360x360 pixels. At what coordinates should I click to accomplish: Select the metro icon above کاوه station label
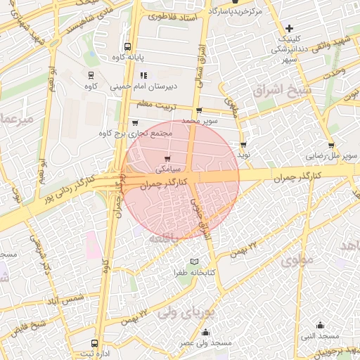90,75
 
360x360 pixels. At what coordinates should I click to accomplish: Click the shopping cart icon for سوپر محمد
199,110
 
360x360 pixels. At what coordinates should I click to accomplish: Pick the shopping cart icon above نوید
243,143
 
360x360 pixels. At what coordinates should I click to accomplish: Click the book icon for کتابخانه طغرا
195,262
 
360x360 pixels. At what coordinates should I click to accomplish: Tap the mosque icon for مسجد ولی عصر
205,333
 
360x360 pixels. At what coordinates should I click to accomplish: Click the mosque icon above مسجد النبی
321,325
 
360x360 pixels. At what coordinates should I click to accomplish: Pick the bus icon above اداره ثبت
95,344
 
